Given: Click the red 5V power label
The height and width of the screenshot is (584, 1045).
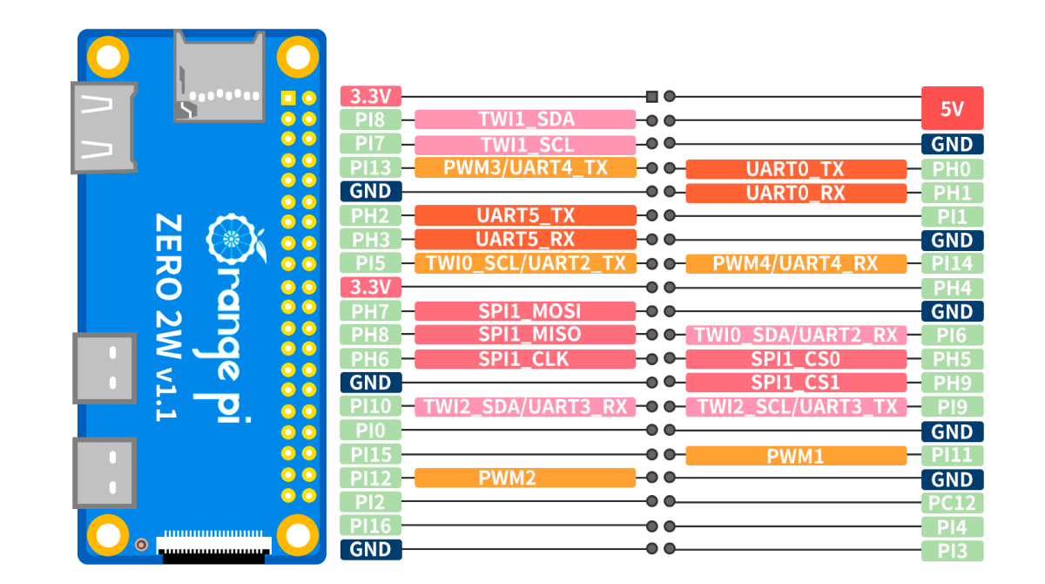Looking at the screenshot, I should point(952,108).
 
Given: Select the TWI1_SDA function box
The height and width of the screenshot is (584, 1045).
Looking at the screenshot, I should point(525,119).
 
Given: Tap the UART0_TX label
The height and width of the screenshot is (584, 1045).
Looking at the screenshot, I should point(796,169).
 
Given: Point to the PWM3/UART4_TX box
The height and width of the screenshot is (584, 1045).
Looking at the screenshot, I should point(525,167).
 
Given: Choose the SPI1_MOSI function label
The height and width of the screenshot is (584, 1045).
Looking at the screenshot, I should point(525,311).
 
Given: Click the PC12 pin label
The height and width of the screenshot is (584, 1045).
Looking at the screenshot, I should point(952,503).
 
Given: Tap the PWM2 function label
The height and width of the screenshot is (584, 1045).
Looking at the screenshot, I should point(525,478).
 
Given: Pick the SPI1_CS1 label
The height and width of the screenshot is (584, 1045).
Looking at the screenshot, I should point(796,383).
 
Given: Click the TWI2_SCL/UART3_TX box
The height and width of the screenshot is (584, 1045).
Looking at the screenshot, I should point(796,406).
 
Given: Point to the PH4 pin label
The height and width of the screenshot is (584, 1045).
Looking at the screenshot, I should point(952,287).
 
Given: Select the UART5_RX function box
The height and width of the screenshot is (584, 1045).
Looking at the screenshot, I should point(525,239).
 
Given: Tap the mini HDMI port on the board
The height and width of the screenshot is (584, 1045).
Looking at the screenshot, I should point(104,126).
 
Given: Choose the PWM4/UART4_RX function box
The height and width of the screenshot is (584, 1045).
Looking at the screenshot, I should point(796,263).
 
